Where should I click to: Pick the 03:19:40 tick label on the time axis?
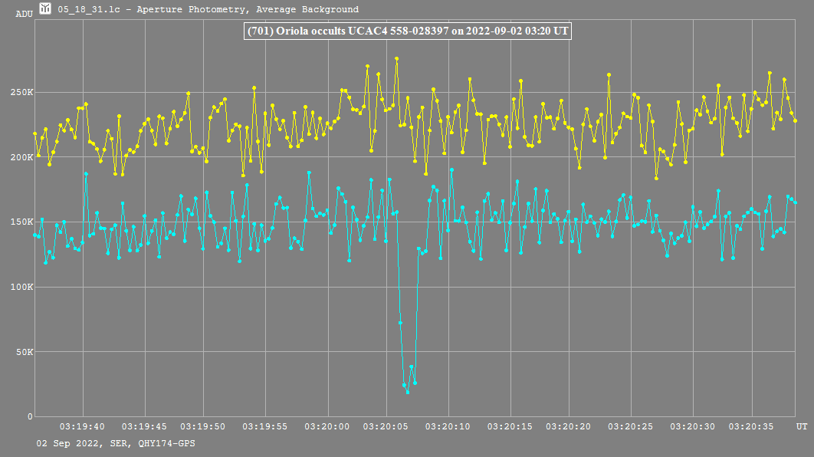(x=83, y=426)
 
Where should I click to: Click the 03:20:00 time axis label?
(x=327, y=426)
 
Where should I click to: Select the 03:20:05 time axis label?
(x=388, y=426)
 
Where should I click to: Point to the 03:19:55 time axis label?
(x=266, y=426)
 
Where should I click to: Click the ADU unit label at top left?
(x=24, y=13)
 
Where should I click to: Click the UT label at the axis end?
(x=801, y=426)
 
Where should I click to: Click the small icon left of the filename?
(x=47, y=9)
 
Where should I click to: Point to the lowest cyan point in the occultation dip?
(x=408, y=393)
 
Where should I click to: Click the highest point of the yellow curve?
(x=396, y=58)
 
